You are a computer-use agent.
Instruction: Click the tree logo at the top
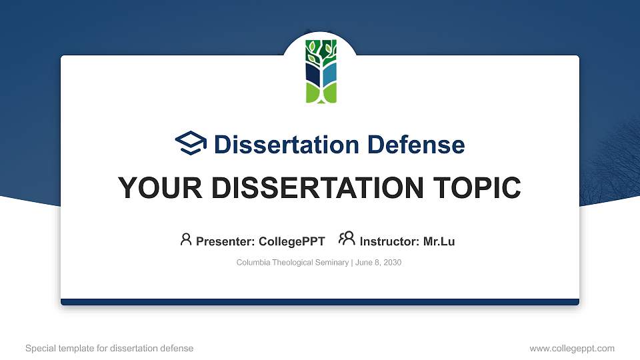click(x=321, y=71)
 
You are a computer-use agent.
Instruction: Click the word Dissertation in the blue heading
click(x=279, y=145)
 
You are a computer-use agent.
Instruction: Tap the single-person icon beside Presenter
click(x=186, y=239)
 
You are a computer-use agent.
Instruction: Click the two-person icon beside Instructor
click(x=347, y=239)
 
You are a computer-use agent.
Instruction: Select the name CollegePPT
click(x=291, y=241)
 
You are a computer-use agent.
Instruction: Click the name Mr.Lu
click(x=439, y=241)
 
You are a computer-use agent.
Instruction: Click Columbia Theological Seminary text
click(x=292, y=263)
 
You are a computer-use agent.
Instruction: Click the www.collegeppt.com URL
click(x=571, y=348)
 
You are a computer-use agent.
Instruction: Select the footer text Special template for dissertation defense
click(x=109, y=348)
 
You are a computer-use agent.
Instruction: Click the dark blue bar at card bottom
click(x=320, y=302)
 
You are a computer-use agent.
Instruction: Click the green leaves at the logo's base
click(x=321, y=93)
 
